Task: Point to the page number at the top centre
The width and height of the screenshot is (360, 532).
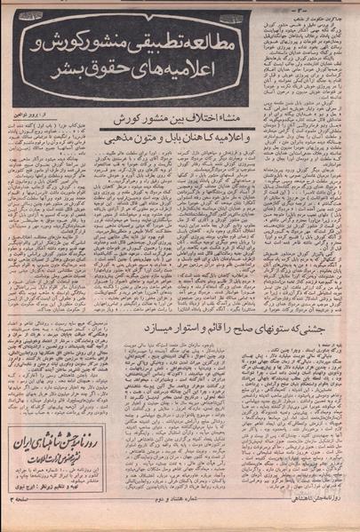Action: (178, 5)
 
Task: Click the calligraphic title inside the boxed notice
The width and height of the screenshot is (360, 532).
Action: (60, 442)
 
